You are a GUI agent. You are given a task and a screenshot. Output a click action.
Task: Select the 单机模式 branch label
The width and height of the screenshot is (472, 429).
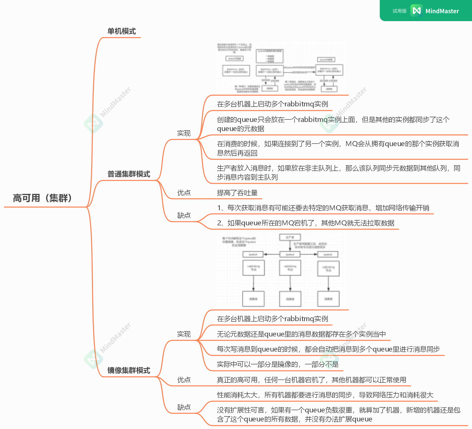[x=122, y=31]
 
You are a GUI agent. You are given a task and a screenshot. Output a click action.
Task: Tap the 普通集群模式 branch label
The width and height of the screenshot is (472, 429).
[x=129, y=174]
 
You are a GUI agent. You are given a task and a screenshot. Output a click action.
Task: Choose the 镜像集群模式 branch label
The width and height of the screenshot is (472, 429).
[x=129, y=370]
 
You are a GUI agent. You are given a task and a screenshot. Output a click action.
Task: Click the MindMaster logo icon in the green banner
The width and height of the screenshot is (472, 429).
[x=416, y=11]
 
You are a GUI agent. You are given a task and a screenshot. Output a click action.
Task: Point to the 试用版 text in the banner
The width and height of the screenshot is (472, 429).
[x=400, y=11]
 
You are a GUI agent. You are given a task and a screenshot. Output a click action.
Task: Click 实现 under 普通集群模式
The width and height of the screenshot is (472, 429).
[x=184, y=133]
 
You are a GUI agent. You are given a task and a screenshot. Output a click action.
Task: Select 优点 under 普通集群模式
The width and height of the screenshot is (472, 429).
[x=184, y=193]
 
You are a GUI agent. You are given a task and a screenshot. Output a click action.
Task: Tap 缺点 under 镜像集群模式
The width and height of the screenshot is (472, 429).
[x=184, y=407]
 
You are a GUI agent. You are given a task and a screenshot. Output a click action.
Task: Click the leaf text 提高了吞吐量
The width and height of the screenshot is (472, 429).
[x=237, y=193]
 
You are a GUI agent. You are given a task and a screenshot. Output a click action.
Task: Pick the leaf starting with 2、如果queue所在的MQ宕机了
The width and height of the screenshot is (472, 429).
[x=306, y=223]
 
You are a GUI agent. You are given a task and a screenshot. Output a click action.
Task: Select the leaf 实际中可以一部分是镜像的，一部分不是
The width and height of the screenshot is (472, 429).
[x=278, y=364]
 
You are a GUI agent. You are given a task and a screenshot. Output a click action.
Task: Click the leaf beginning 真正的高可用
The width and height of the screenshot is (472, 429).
[x=311, y=380]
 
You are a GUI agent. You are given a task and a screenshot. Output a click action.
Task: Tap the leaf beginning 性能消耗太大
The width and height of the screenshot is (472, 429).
[x=325, y=395]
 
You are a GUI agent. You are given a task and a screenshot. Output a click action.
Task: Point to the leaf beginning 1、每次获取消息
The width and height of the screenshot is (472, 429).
[x=323, y=208]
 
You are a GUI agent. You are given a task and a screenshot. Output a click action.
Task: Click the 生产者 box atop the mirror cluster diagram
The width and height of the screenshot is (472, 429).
[x=290, y=237]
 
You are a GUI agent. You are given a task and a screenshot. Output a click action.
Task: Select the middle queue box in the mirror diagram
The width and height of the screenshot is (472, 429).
[x=290, y=254]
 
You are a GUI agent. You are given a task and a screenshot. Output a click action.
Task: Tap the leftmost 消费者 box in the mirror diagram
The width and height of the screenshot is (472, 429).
[x=253, y=299]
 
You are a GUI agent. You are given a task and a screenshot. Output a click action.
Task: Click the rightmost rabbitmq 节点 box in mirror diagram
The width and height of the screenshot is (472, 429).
[x=328, y=269]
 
